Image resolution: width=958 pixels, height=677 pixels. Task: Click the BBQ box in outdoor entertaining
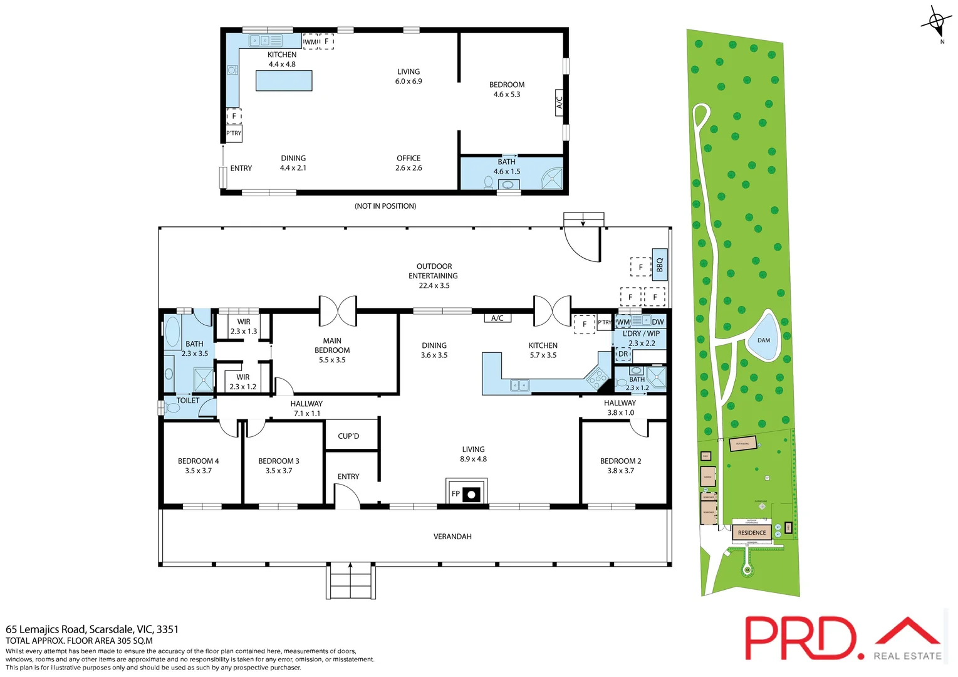pos(659,265)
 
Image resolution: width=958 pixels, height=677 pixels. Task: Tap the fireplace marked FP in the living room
pos(466,493)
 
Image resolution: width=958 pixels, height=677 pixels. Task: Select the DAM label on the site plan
pos(763,340)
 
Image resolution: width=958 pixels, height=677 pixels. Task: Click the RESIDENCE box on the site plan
pos(751,533)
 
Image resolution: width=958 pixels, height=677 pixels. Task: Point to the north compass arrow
pos(937,23)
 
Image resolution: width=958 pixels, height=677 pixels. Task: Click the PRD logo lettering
pos(799,638)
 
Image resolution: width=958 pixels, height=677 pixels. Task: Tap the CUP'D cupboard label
pos(348,436)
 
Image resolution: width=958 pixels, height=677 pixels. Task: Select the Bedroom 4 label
pos(198,461)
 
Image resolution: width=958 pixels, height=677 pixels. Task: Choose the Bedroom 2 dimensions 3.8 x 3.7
pos(620,471)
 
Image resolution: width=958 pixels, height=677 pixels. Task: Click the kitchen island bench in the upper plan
pos(284,81)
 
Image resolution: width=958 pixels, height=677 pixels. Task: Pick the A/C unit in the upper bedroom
pos(560,100)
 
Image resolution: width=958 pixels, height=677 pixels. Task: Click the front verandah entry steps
pos(350,582)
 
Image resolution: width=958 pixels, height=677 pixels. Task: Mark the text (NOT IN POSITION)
pos(385,206)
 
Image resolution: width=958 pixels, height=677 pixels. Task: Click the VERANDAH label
pos(452,537)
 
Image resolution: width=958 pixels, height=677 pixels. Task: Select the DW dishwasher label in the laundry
pos(658,322)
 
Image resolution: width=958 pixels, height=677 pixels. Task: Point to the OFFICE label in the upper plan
pos(409,159)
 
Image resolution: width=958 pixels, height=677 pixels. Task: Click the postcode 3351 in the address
pos(167,629)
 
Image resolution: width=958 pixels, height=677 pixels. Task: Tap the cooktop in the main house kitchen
pos(597,377)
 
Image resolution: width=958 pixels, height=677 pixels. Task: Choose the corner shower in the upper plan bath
pos(552,178)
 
